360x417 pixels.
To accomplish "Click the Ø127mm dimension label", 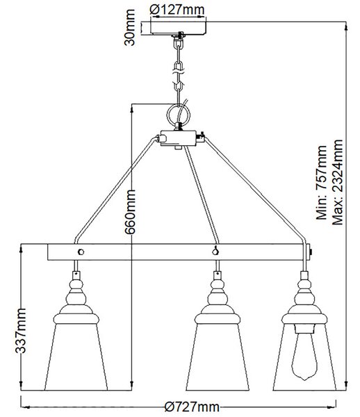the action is tap(177, 10).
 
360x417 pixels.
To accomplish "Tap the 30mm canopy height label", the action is tap(130, 27).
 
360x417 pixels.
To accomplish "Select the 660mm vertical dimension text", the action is tap(130, 212).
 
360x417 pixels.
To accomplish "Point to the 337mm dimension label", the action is tap(20, 331).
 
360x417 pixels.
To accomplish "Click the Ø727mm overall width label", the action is tap(192, 407).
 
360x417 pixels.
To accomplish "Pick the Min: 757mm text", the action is tap(321, 182).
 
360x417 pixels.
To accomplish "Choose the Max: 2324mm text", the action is tap(337, 182).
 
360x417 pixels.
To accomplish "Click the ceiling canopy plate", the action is tap(178, 28).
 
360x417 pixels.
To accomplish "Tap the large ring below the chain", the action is tap(179, 115).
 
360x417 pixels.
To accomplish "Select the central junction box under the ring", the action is tap(179, 138).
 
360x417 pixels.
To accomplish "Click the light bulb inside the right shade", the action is tap(304, 356).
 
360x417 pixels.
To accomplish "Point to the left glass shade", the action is tap(76, 357).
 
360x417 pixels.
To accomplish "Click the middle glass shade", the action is tap(218, 357).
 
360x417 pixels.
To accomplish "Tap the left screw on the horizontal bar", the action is tap(81, 252).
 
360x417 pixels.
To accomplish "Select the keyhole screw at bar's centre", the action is tap(215, 251).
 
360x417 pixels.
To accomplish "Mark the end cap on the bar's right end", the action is tap(309, 252).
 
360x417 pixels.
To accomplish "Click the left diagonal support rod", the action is tap(115, 190).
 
